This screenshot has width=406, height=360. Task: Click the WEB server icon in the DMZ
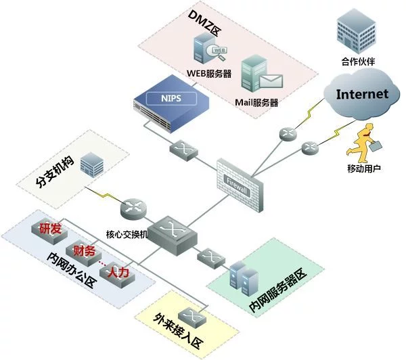207,51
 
